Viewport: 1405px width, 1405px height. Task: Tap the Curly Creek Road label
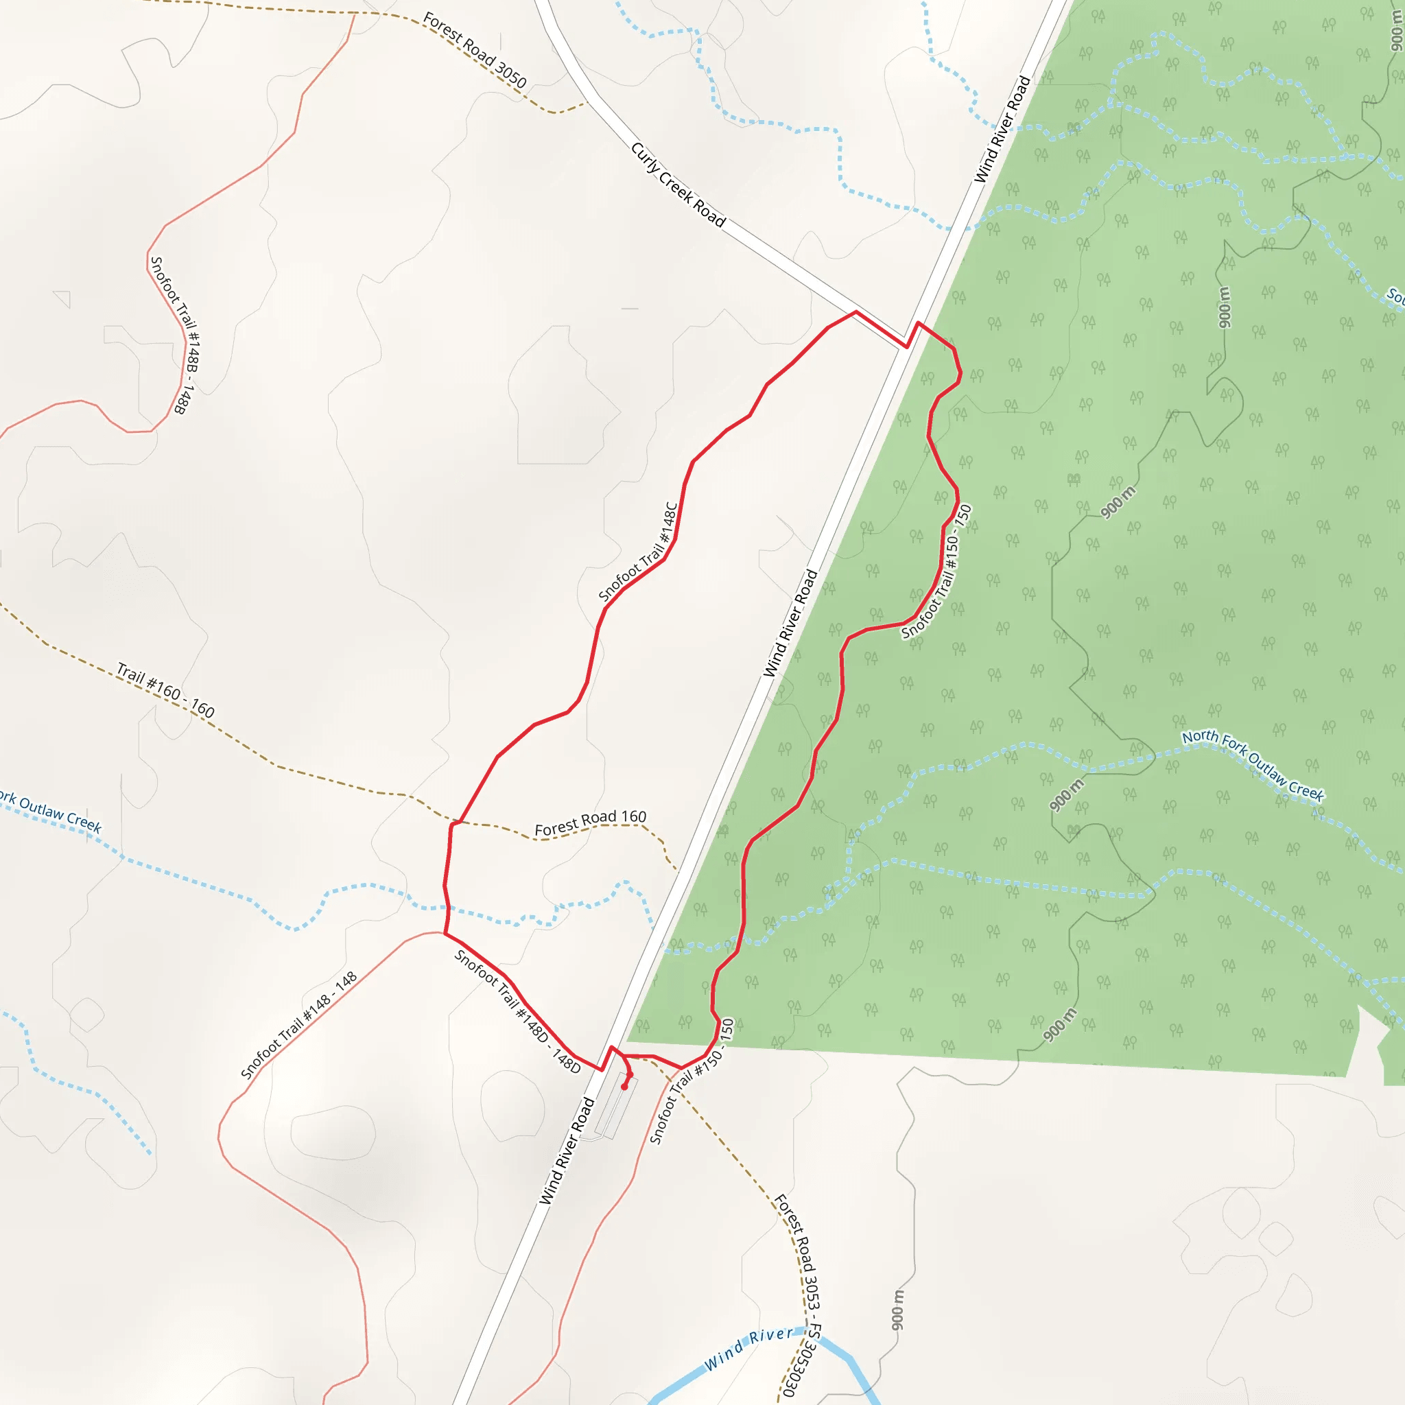pos(678,185)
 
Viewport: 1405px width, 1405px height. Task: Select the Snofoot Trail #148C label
pos(638,552)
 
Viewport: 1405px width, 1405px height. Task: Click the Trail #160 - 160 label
pos(166,690)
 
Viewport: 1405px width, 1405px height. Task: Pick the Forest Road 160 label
pos(590,823)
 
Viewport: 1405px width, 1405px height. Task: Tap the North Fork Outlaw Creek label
pos(1252,765)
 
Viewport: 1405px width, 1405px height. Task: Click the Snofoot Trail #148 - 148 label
pos(299,1025)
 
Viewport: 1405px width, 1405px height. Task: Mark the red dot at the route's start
pos(624,1087)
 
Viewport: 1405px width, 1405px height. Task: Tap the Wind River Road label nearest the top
pos(1002,130)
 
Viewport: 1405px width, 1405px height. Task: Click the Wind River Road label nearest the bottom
pos(567,1151)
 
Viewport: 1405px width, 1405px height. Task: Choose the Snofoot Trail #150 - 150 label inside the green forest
pos(936,571)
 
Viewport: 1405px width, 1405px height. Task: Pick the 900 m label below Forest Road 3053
pos(898,1310)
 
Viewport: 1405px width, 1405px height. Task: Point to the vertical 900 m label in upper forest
pos(1225,307)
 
